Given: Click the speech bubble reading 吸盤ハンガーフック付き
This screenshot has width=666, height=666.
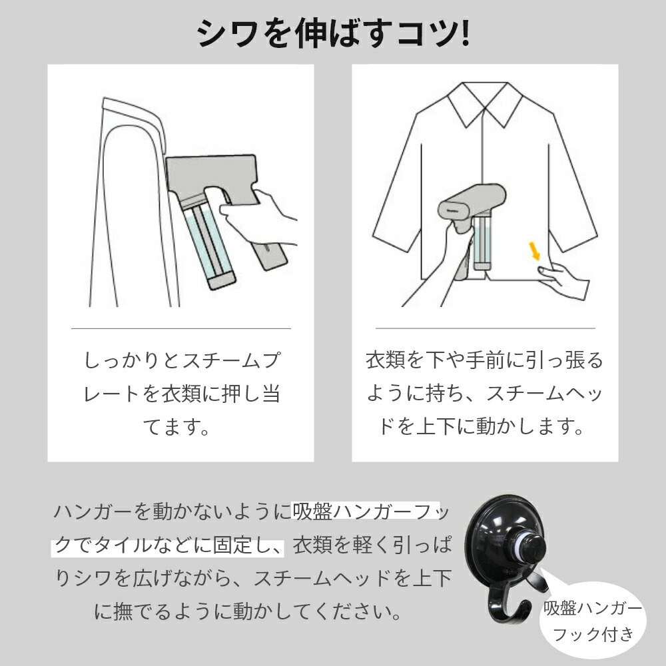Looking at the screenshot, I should tap(592, 619).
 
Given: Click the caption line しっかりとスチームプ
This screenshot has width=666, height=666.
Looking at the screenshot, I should tap(181, 362).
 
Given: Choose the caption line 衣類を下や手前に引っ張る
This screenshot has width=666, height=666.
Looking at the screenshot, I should tap(484, 362).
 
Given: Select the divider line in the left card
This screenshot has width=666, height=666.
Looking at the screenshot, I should tap(181, 328).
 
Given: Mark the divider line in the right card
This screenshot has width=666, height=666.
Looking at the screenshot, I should tap(485, 328).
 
